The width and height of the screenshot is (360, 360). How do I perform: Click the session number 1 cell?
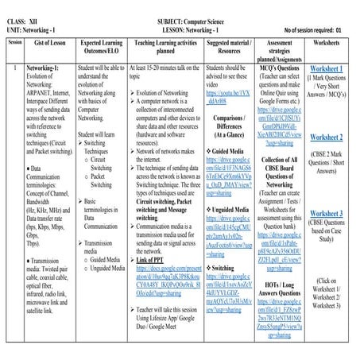click(14, 70)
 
